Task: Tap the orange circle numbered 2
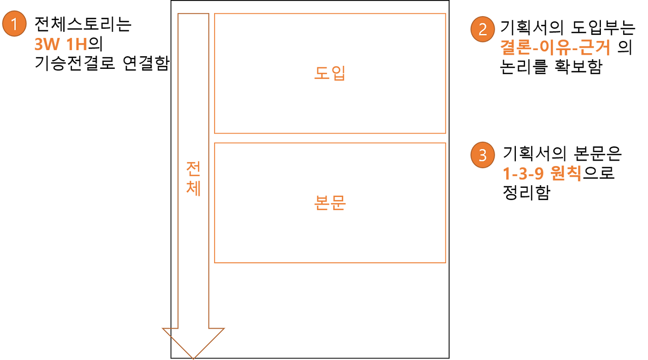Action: coord(482,29)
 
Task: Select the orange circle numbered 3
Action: coord(482,155)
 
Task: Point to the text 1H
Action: coord(76,46)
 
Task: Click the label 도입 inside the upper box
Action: coord(330,74)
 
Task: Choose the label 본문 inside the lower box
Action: coord(330,203)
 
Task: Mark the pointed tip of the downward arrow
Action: coord(193,356)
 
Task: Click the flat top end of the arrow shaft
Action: coord(193,14)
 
